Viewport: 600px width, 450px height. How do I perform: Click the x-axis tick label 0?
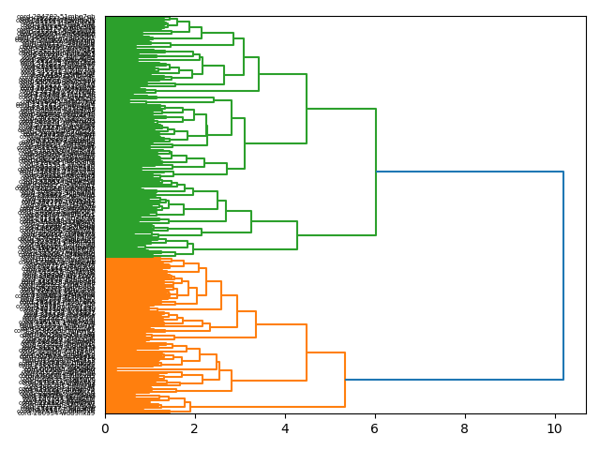[x=105, y=428]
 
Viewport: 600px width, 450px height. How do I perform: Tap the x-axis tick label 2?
[x=195, y=428]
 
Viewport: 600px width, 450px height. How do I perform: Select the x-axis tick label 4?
[x=285, y=428]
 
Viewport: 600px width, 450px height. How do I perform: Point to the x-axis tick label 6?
[x=375, y=428]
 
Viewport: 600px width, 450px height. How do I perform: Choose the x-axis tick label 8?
[x=465, y=428]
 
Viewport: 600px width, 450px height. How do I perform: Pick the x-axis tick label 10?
[x=552, y=428]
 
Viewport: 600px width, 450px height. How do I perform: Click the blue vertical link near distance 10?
[x=563, y=276]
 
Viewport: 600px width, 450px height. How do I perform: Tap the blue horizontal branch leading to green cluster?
[x=469, y=172]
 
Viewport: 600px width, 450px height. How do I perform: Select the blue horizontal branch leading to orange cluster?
[x=454, y=380]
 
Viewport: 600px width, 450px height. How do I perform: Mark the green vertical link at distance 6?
[x=376, y=172]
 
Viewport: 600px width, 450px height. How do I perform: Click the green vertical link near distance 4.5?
[x=307, y=109]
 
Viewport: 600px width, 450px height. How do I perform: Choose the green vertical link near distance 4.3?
[x=297, y=235]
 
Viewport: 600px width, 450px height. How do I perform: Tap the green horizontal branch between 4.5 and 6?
[x=341, y=110]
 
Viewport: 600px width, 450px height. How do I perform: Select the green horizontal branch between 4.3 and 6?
[x=337, y=235]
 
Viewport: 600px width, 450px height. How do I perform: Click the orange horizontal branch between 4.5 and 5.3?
[x=325, y=352]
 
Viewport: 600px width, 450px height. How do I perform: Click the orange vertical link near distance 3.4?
[x=256, y=324]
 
